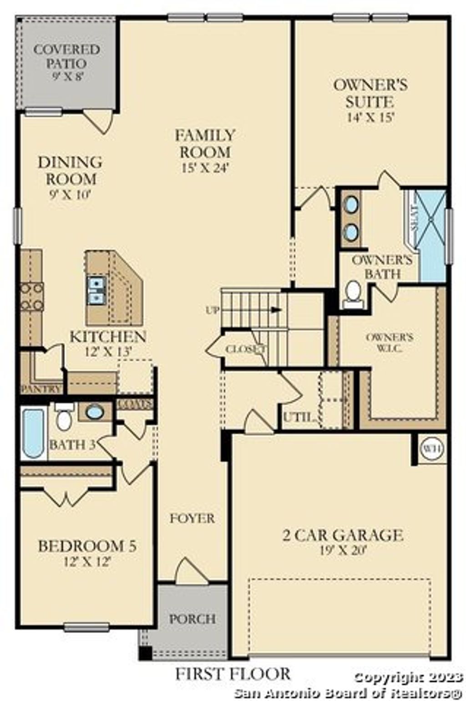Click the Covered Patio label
coord(66,56)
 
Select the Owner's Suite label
coord(370,93)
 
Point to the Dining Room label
coord(70,170)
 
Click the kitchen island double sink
coord(97,290)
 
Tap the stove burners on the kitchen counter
coord(32,296)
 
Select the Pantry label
coord(41,389)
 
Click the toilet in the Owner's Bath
coord(353,293)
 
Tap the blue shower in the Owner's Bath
coord(431,236)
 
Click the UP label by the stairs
coord(213,310)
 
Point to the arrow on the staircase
coord(275,310)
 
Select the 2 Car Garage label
coord(343,535)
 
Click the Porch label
coord(192,619)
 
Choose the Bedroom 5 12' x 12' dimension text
coord(87,561)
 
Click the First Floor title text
coord(233,673)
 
